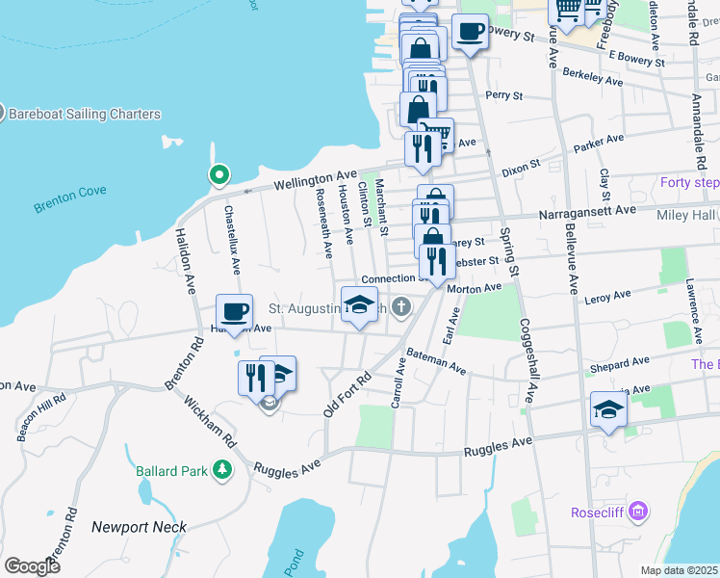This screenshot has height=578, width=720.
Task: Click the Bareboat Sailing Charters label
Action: point(85,114)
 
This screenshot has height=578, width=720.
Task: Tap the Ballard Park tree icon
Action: point(223,470)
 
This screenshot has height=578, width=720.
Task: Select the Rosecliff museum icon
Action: point(636,512)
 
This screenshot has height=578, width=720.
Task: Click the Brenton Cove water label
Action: point(70,199)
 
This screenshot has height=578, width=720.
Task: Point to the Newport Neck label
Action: point(139,527)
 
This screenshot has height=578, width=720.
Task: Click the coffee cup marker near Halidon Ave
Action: point(235,312)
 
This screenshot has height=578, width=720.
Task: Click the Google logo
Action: point(33,565)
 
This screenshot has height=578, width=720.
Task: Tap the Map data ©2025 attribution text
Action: point(679,570)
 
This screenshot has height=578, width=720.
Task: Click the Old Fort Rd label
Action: point(347,395)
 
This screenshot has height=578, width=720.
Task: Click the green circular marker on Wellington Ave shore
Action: point(219,175)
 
